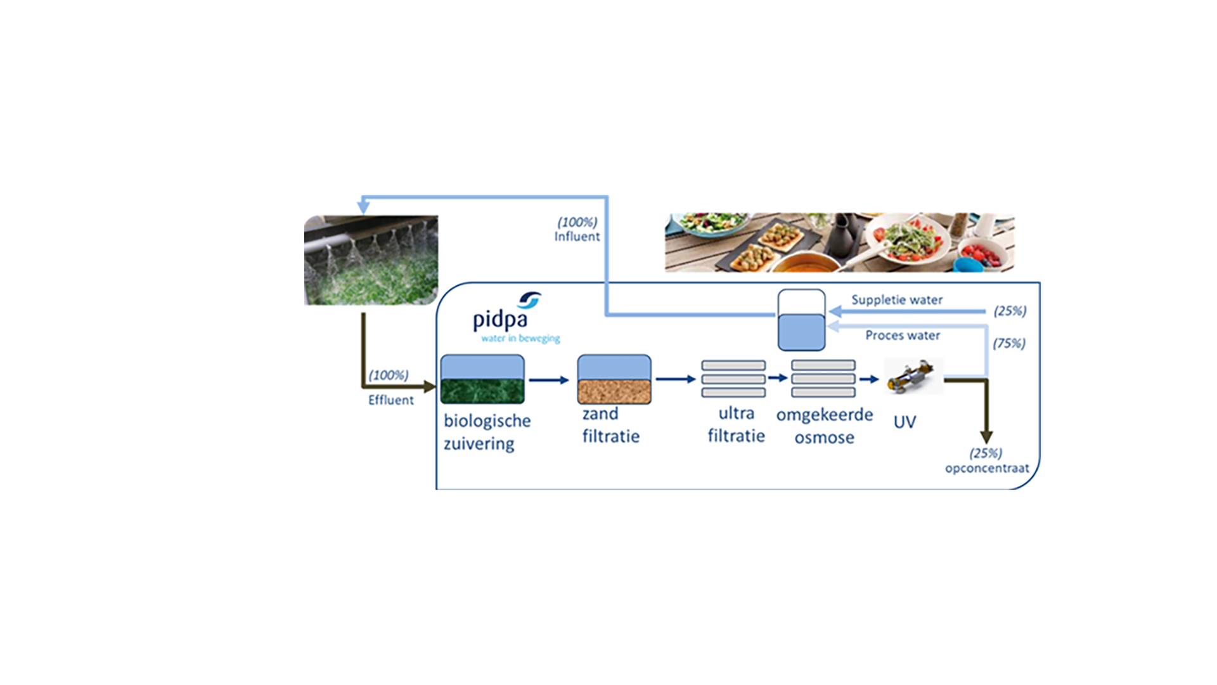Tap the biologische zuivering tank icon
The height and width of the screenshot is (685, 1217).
pos(482,379)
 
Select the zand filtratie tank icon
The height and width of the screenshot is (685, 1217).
pos(614,379)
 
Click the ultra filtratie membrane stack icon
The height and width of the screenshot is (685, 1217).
pos(733,379)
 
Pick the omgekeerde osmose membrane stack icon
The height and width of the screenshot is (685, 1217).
pos(823,379)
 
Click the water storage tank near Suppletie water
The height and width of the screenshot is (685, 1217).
pos(801,321)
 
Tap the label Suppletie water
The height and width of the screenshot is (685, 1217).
pos(896,300)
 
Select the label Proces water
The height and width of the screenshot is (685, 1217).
pos(903,336)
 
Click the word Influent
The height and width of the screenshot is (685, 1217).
pos(577,237)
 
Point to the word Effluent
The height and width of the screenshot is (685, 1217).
pos(390,400)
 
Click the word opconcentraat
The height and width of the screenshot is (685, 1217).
pos(987,469)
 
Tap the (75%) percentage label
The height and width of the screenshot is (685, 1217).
pos(1009,343)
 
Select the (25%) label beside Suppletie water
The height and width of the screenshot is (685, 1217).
pos(1010,311)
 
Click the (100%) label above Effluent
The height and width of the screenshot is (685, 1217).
pos(389,375)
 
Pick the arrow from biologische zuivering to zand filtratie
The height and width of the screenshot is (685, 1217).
pos(549,380)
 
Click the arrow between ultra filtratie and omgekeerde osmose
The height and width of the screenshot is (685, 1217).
pos(778,378)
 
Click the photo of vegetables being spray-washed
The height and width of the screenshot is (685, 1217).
pos(371,260)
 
